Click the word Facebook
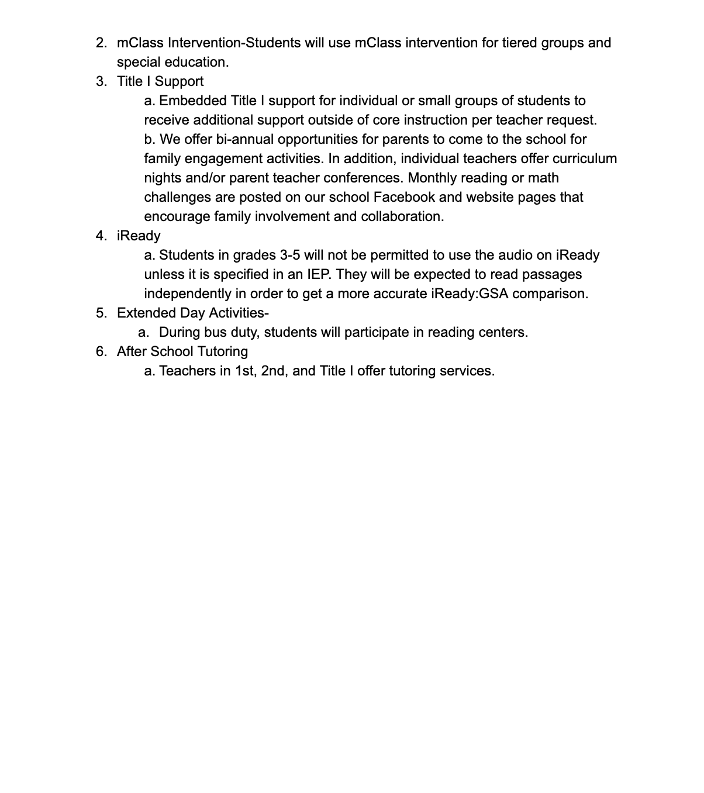click(x=405, y=197)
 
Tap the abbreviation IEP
click(x=319, y=274)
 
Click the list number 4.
click(x=101, y=236)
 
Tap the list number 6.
click(x=101, y=351)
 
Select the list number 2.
click(x=101, y=43)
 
